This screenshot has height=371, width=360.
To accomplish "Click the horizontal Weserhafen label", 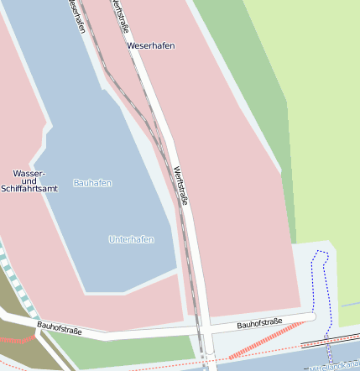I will [151, 45].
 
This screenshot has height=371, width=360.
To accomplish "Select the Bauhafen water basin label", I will [92, 182].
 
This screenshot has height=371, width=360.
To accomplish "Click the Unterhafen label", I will [131, 239].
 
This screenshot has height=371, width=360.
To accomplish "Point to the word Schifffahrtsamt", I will [29, 190].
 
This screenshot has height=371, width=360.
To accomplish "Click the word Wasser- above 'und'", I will [29, 173].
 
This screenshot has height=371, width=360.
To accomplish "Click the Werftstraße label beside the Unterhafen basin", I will [180, 186].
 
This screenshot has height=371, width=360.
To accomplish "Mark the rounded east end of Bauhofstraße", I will [311, 317].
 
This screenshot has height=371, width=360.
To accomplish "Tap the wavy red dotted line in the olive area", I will [17, 339].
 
